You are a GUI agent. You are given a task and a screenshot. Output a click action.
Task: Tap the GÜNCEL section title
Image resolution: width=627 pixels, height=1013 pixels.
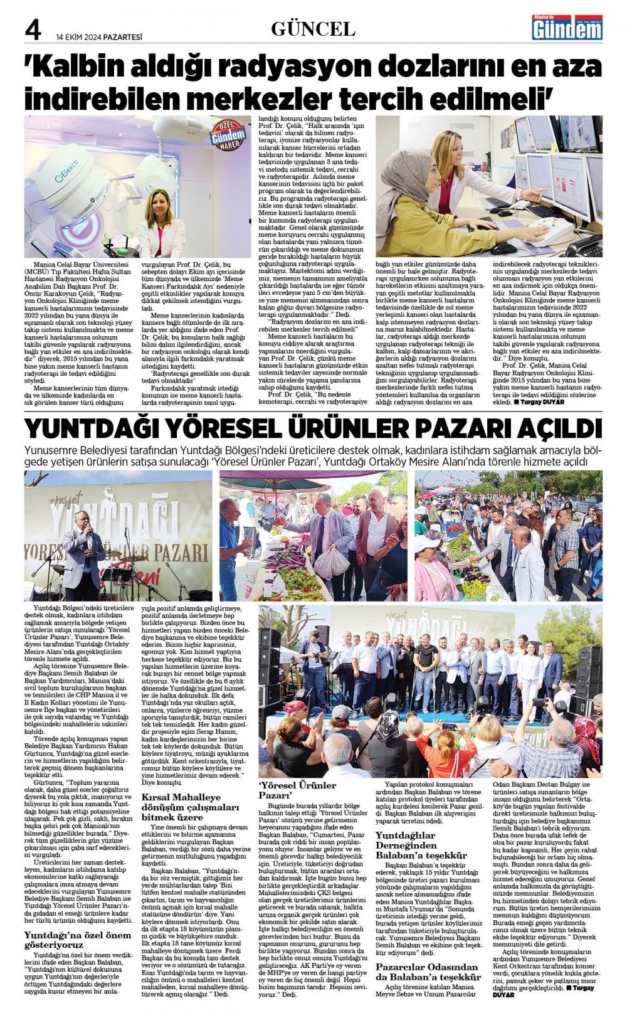point(313,29)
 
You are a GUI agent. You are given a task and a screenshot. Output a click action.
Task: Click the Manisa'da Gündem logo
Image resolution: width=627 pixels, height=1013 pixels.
point(566,28)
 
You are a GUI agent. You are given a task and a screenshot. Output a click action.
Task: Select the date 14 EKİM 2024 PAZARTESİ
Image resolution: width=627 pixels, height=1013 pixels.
point(99,37)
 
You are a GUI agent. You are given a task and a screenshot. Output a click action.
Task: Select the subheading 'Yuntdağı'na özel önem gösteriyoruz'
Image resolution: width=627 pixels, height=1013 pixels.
point(78,939)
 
